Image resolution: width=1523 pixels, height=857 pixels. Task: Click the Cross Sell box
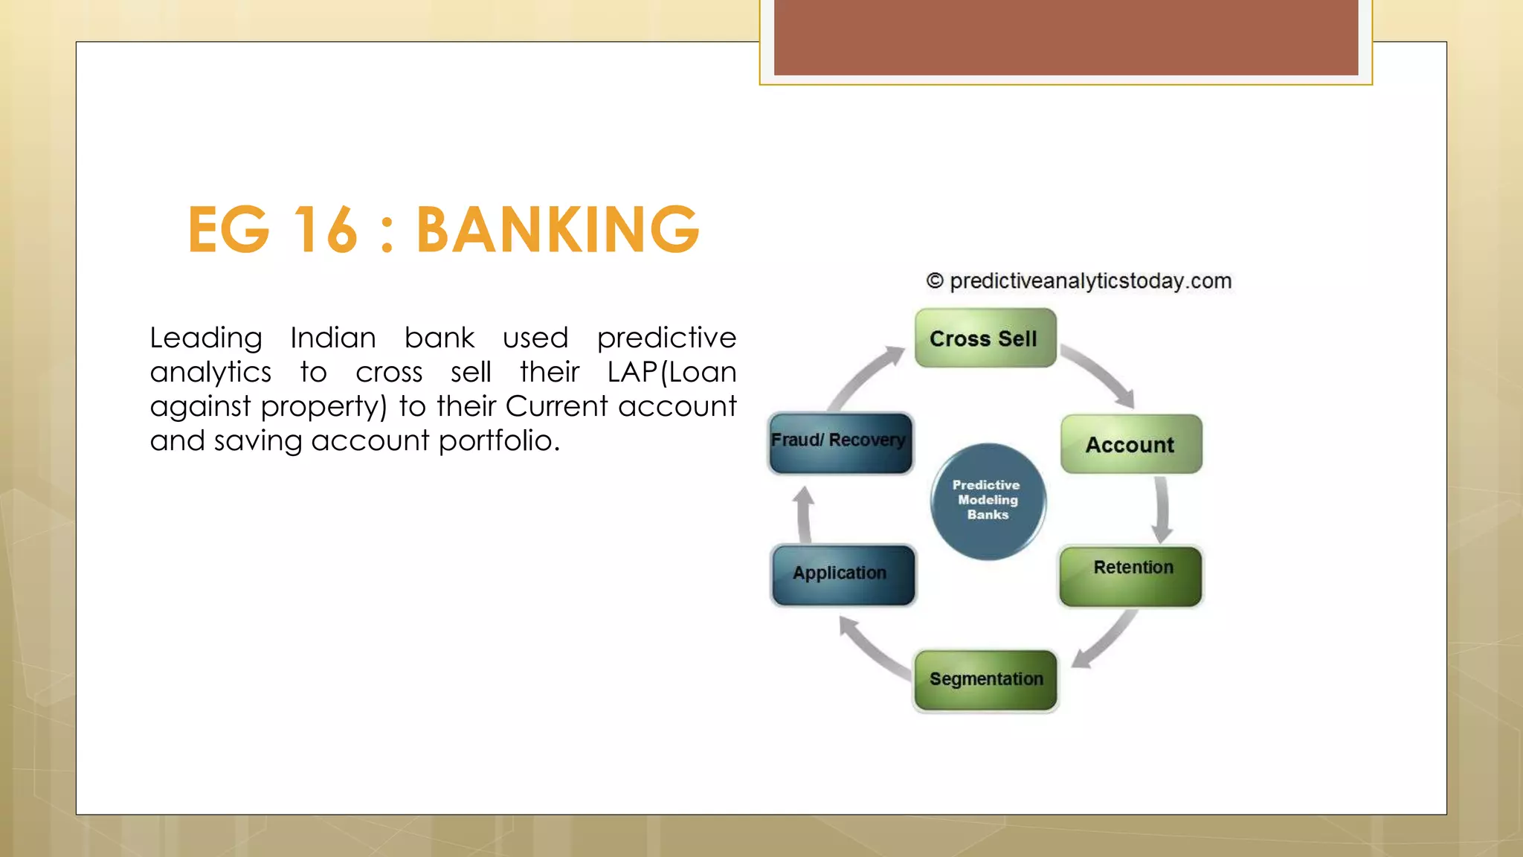[x=985, y=338]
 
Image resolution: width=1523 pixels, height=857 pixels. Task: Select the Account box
[x=1130, y=444]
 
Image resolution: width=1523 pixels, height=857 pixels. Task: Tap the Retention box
[x=1130, y=576]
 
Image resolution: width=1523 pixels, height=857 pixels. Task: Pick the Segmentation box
[x=985, y=680]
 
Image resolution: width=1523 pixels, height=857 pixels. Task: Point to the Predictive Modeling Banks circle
[x=988, y=501]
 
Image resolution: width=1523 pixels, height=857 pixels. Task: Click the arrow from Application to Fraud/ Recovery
[x=805, y=515]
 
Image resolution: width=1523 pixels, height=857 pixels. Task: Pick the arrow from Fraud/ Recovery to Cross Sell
[x=866, y=377]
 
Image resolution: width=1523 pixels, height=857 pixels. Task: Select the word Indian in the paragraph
[x=332, y=338]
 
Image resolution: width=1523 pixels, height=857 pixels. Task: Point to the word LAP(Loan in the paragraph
[x=671, y=372]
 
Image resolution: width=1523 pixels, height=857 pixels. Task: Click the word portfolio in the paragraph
[x=498, y=440]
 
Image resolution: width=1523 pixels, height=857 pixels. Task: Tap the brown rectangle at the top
[x=1065, y=37]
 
